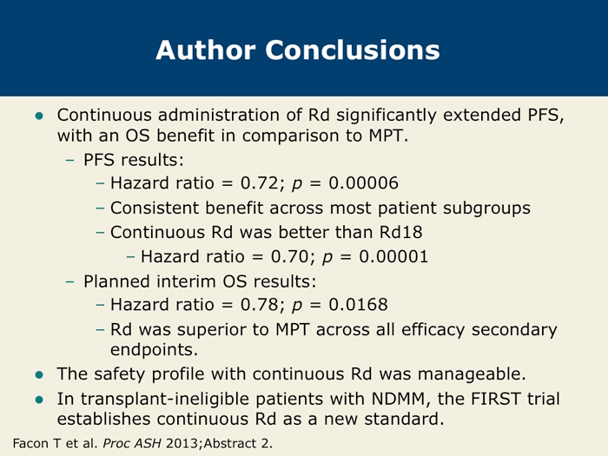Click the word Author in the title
pyautogui.click(x=206, y=50)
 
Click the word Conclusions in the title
pyautogui.click(x=353, y=50)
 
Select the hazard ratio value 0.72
pyautogui.click(x=259, y=183)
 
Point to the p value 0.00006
pyautogui.click(x=363, y=183)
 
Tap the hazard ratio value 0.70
pyautogui.click(x=289, y=257)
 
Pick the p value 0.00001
pyautogui.click(x=393, y=257)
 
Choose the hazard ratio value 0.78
pyautogui.click(x=259, y=305)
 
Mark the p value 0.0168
pyautogui.click(x=358, y=305)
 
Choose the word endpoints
pyautogui.click(x=154, y=350)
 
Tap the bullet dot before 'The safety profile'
pyautogui.click(x=39, y=374)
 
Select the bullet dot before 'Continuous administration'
pyautogui.click(x=39, y=116)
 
